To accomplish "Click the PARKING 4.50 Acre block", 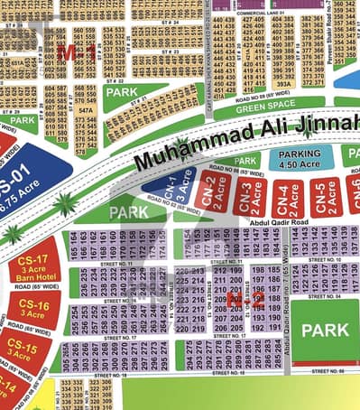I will (300, 160).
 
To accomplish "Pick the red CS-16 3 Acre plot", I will (32, 309).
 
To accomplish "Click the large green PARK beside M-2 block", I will (323, 331).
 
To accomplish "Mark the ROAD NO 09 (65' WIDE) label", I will (261, 94).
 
